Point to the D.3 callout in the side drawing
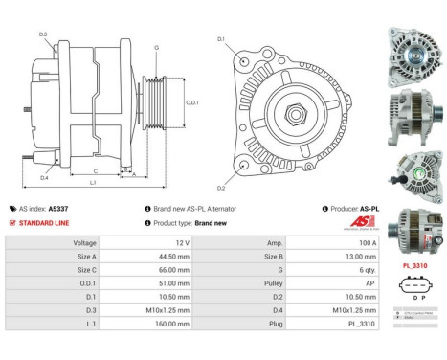(44, 34)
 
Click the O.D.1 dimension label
(192, 102)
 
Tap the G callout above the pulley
(156, 47)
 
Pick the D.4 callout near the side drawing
(45, 177)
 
